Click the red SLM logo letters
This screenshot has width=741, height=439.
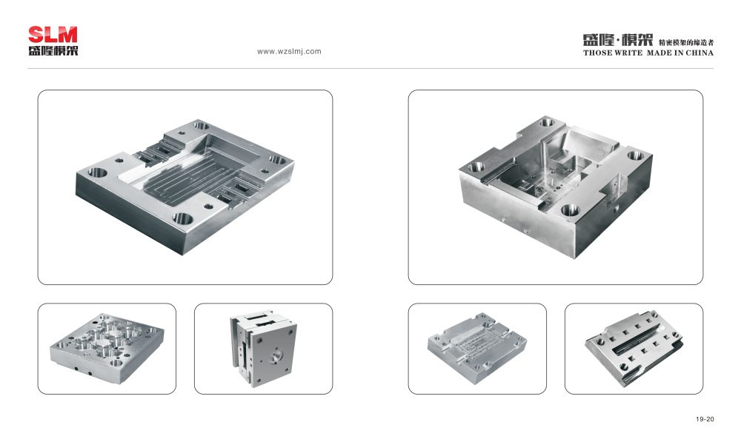click(x=53, y=35)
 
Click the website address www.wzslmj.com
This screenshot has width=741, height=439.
click(x=289, y=52)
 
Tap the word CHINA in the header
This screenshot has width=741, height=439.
click(x=700, y=53)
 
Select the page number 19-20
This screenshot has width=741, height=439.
click(x=705, y=419)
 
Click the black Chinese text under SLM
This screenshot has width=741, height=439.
click(x=53, y=50)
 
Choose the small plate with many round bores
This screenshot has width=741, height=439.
click(x=107, y=348)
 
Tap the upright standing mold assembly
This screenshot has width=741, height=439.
click(x=263, y=349)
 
